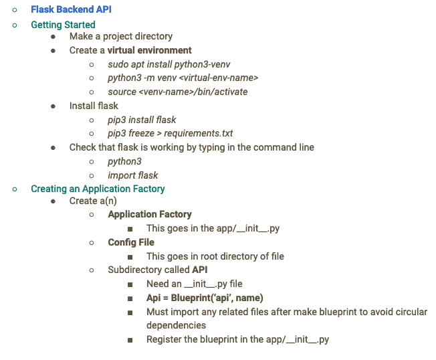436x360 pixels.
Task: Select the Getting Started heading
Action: [63, 25]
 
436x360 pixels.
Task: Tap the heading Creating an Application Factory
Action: [98, 189]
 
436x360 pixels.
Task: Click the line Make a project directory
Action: [120, 36]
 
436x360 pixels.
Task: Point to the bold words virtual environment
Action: [150, 50]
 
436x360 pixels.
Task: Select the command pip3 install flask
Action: [142, 120]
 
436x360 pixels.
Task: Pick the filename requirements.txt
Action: [199, 133]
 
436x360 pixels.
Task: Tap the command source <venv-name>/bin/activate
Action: [177, 92]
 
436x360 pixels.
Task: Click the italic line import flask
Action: [132, 175]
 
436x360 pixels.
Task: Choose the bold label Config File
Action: [131, 242]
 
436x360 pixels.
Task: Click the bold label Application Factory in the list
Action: [150, 215]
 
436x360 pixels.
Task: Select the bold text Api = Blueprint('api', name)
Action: [204, 298]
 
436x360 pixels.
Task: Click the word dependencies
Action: [176, 325]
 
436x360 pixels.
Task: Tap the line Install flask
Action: [94, 106]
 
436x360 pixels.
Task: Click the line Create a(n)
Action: [93, 201]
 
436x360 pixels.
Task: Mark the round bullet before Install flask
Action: [53, 106]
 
